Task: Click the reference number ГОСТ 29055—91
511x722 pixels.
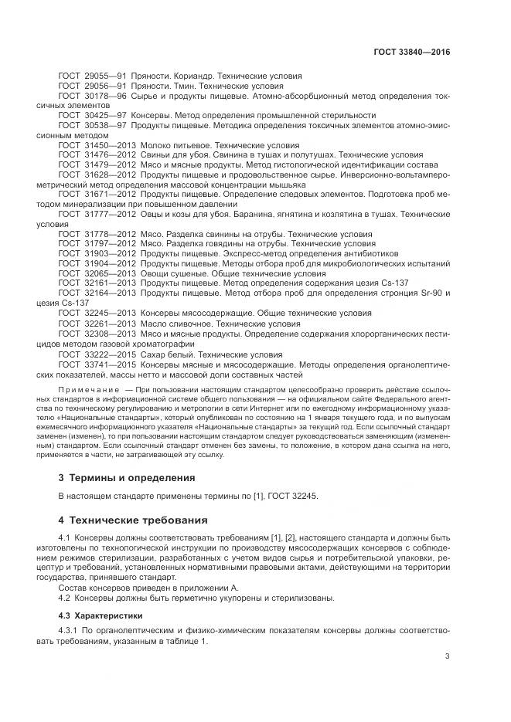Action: pos(92,77)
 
